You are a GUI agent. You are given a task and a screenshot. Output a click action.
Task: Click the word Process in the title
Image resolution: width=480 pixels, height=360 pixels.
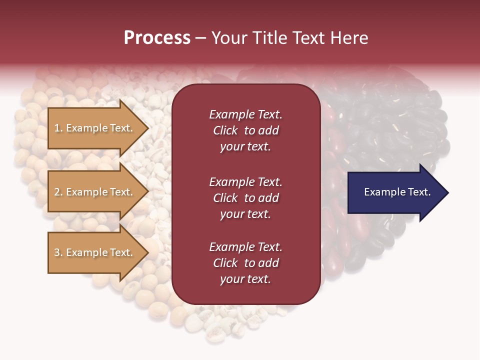pyautogui.click(x=157, y=38)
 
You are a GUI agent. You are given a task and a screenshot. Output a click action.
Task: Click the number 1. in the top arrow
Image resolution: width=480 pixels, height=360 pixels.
pyautogui.click(x=58, y=128)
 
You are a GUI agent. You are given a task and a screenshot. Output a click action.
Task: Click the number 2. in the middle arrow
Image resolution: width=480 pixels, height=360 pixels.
pyautogui.click(x=58, y=192)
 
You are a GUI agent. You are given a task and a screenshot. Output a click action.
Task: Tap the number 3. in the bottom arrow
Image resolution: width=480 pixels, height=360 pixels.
pyautogui.click(x=58, y=252)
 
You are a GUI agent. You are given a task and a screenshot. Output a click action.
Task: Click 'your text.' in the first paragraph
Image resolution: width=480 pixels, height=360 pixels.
pyautogui.click(x=245, y=147)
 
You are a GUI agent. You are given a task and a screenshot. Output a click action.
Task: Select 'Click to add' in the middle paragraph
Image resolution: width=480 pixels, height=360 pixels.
pyautogui.click(x=245, y=198)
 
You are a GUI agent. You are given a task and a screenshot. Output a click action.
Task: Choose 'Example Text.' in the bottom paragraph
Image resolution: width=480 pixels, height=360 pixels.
pyautogui.click(x=245, y=247)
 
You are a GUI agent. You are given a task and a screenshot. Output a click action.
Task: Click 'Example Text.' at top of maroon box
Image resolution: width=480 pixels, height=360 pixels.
pyautogui.click(x=245, y=114)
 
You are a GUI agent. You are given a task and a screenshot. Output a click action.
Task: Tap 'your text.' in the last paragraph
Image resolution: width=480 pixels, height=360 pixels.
pyautogui.click(x=245, y=279)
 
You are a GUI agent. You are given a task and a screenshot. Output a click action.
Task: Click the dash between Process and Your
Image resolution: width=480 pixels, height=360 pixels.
pyautogui.click(x=200, y=38)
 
